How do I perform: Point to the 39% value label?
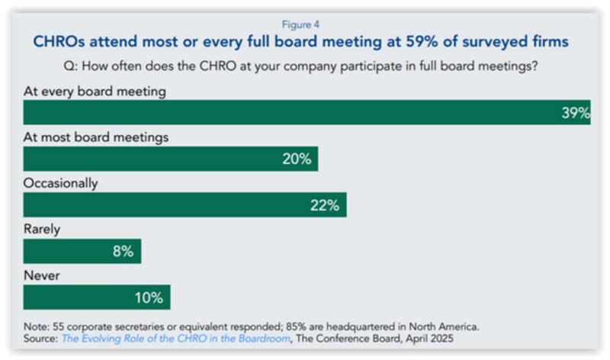click(576, 113)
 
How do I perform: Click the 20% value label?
click(297, 159)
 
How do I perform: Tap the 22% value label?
click(325, 204)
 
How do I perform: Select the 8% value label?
click(123, 251)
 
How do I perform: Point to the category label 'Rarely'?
click(41, 229)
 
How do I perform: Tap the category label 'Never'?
click(40, 275)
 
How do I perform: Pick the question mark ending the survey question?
click(535, 66)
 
